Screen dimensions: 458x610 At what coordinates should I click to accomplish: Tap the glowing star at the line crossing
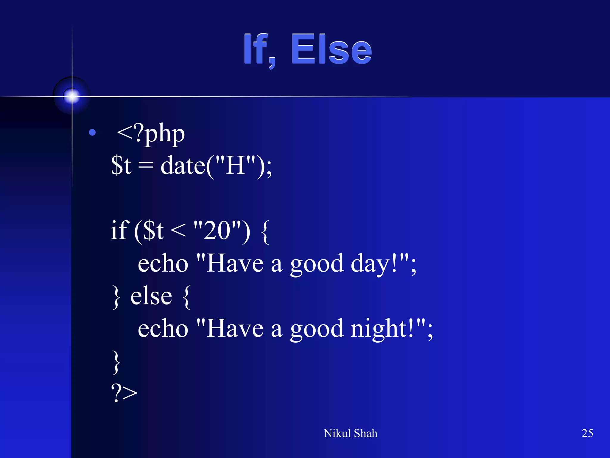click(72, 96)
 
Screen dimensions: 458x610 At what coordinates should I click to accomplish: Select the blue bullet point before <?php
click(92, 132)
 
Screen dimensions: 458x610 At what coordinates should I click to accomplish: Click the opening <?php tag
click(151, 134)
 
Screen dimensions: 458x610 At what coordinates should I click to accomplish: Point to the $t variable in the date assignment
click(121, 165)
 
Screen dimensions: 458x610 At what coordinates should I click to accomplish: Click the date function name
click(183, 165)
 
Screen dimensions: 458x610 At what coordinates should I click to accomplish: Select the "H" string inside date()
click(235, 165)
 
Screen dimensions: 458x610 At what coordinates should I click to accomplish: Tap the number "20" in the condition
click(217, 231)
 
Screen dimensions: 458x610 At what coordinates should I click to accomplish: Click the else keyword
click(151, 296)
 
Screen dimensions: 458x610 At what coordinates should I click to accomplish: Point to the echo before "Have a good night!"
click(163, 329)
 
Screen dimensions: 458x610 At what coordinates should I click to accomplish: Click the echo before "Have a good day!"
click(163, 264)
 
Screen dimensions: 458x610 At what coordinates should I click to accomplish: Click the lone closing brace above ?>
click(116, 362)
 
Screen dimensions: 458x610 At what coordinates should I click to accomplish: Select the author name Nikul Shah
click(350, 433)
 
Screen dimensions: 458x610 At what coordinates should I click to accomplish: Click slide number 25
click(587, 433)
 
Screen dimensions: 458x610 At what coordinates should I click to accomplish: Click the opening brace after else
click(186, 297)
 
